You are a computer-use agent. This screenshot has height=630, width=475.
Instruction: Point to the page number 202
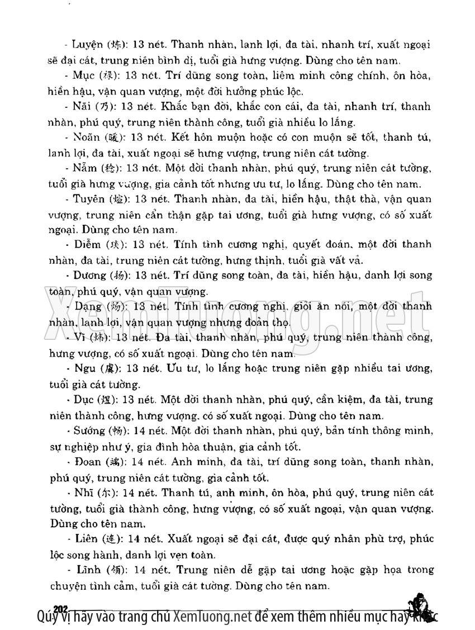(x=60, y=609)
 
